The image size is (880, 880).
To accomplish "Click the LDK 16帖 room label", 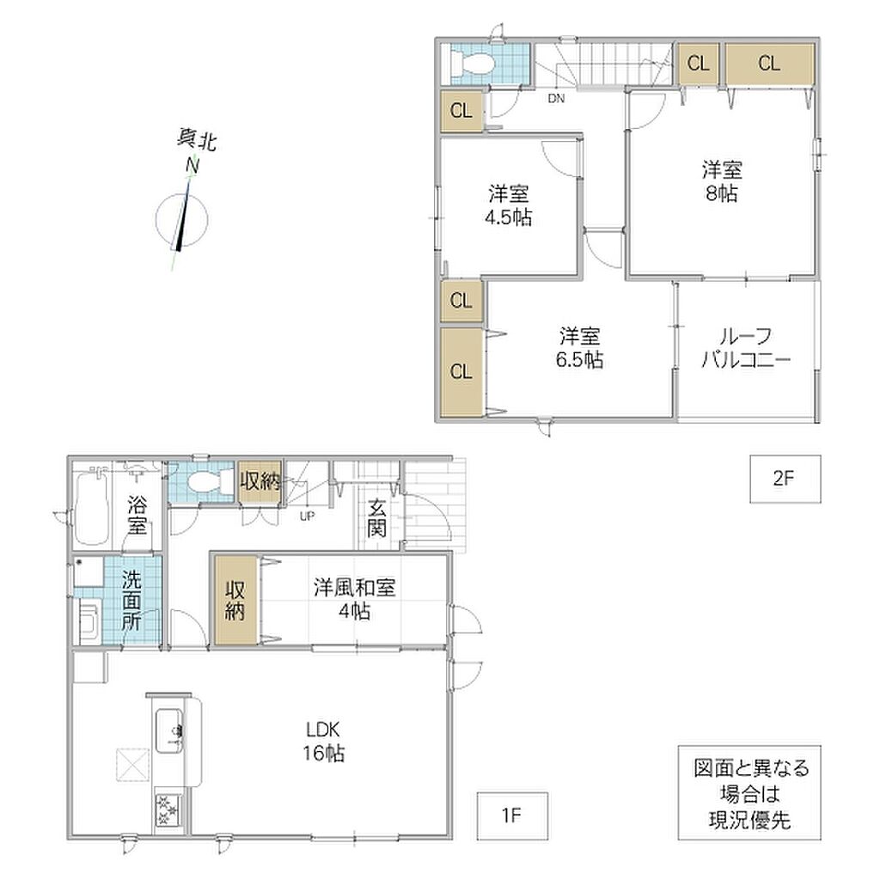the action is [324, 742].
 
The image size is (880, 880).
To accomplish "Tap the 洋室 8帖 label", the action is [722, 181].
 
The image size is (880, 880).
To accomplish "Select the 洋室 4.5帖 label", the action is [509, 205].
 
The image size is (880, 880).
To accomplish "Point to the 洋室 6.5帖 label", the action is [580, 348].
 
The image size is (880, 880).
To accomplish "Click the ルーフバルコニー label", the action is [746, 348].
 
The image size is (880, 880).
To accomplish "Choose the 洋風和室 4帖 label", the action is [354, 599].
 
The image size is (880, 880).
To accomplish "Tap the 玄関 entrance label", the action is [376, 517].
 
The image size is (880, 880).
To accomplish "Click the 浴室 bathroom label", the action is [137, 515].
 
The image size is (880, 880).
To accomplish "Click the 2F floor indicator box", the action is [785, 479].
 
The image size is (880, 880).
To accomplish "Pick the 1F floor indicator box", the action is [512, 816].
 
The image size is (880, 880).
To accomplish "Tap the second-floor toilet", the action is [473, 64].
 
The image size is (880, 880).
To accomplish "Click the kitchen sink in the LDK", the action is [169, 730].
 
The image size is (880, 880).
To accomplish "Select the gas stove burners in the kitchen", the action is [169, 810].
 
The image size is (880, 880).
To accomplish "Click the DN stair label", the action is [556, 99].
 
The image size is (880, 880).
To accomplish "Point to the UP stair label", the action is [307, 516].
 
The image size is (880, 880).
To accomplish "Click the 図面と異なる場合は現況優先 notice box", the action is [749, 792].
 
